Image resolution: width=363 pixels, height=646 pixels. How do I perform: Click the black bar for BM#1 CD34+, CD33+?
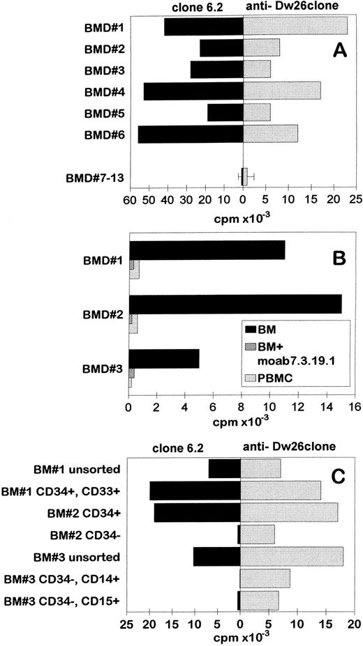(195, 491)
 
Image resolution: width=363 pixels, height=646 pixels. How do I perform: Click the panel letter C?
(339, 477)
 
